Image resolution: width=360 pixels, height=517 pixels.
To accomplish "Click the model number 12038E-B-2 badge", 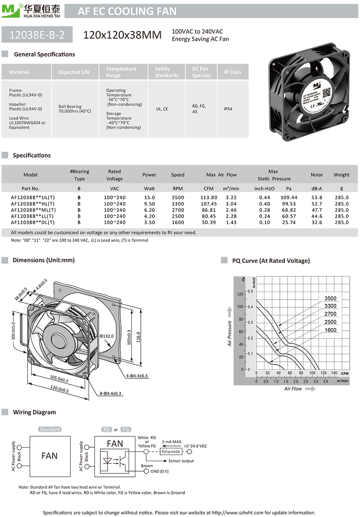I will click(x=37, y=35).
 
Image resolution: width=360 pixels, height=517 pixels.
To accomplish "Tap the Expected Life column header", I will click(x=74, y=72).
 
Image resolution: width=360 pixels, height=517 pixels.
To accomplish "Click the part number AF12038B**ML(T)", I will click(x=33, y=210).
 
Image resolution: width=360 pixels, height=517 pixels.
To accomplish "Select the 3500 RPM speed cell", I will click(x=178, y=198).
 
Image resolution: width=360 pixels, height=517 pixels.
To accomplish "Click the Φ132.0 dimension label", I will click(x=107, y=336).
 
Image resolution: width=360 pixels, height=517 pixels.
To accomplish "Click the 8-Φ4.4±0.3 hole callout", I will click(x=111, y=393).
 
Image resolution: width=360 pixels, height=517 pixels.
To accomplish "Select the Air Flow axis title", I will click(x=293, y=389).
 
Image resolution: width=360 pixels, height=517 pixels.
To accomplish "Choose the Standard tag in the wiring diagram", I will click(x=49, y=429).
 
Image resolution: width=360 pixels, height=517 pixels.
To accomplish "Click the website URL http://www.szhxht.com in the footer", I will click(x=238, y=513).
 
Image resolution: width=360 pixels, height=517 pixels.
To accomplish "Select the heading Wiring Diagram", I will click(x=35, y=412).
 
